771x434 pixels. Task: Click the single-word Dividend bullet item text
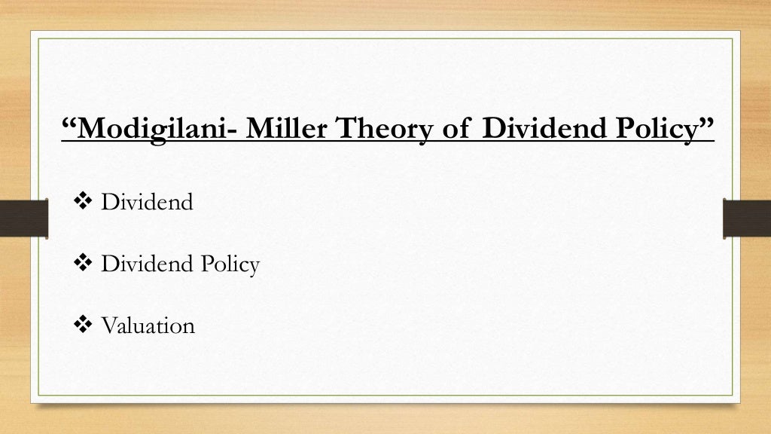coord(147,203)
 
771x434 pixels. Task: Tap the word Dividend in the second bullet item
coord(147,264)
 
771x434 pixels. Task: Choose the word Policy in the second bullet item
coord(229,265)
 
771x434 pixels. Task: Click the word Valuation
coord(148,325)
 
